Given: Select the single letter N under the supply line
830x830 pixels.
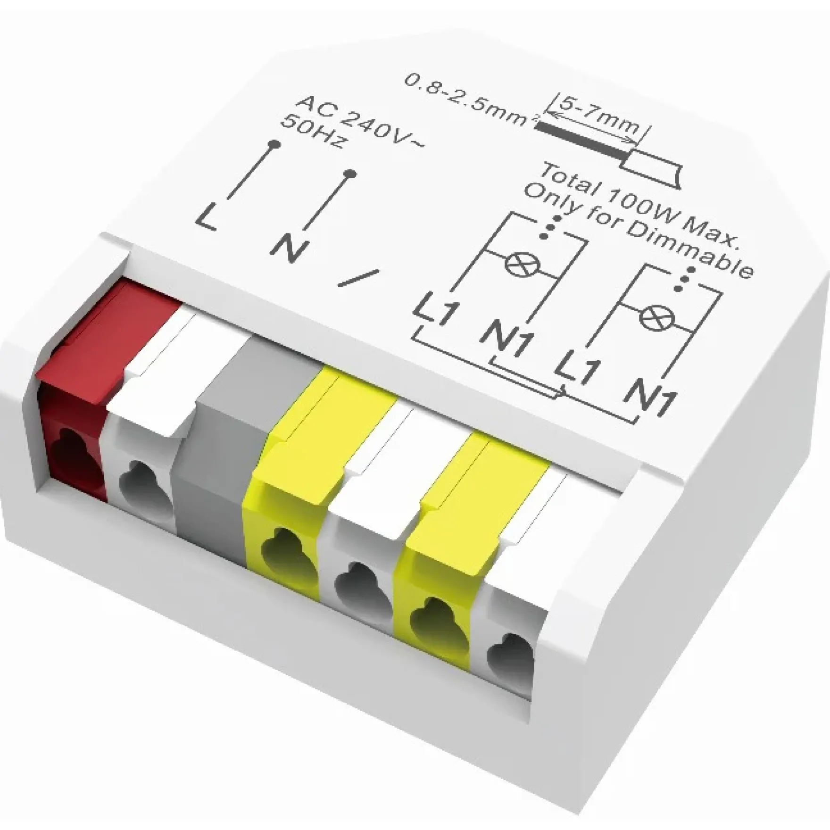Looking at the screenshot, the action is click(289, 248).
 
